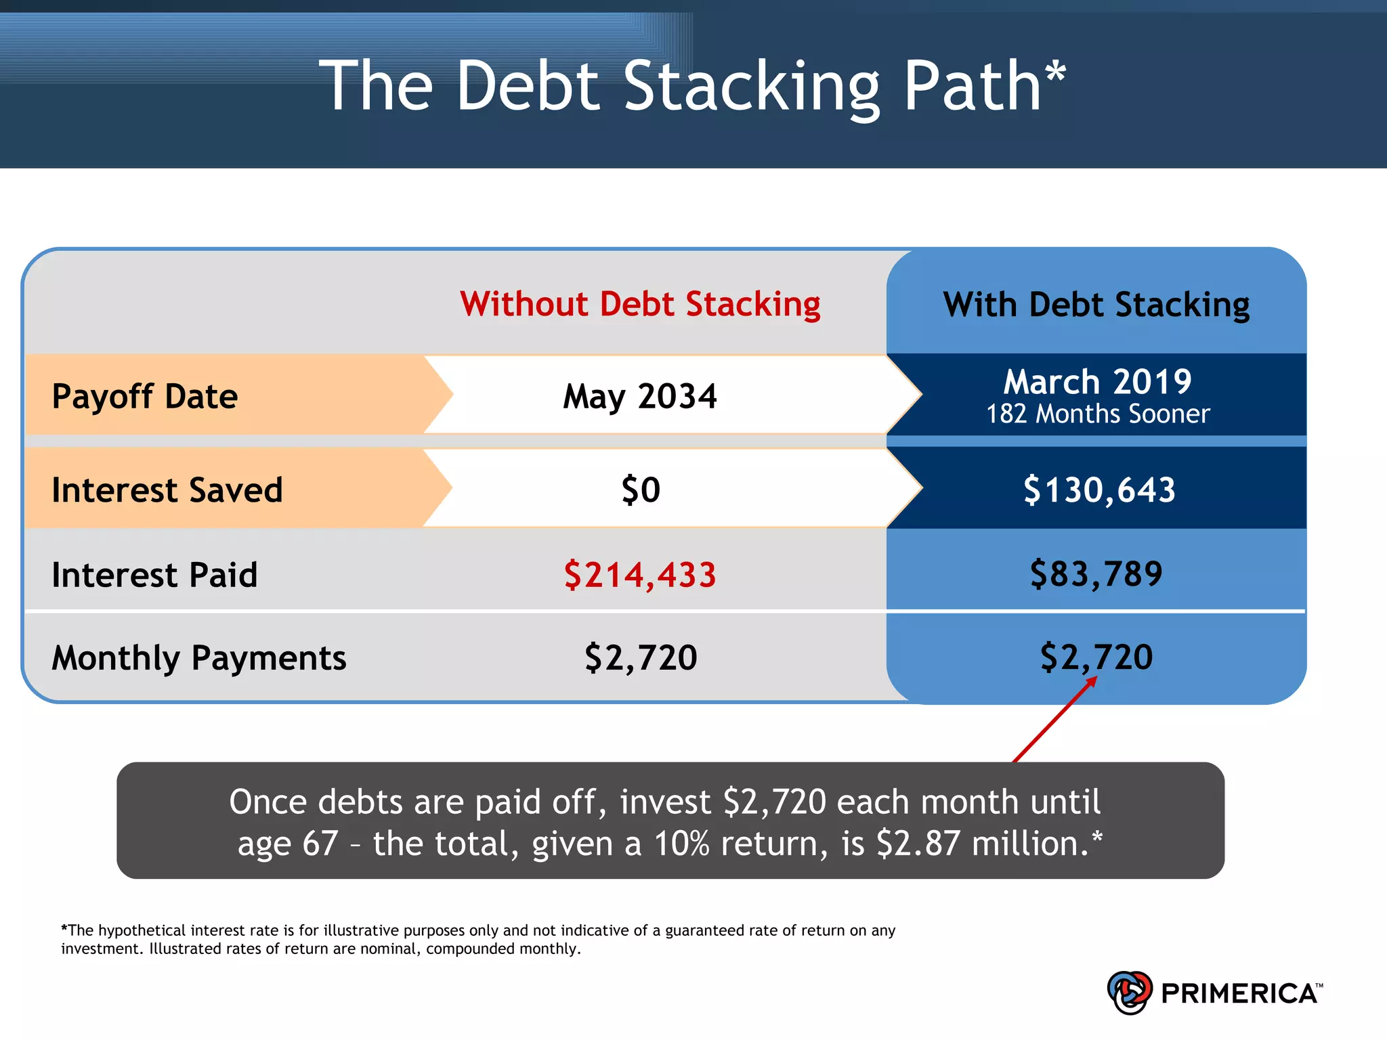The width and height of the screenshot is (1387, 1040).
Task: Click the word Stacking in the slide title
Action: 752,87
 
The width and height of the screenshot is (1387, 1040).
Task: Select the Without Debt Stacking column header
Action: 640,304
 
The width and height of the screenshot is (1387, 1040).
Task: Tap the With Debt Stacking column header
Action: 1096,305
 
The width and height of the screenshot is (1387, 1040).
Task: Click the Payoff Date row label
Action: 145,396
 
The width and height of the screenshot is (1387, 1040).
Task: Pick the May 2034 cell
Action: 640,396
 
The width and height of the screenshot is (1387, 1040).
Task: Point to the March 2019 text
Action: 1097,382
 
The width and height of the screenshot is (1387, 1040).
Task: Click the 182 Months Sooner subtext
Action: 1097,414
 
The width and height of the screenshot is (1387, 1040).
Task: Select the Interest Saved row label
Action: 167,490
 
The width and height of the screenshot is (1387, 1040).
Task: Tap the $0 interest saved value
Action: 641,490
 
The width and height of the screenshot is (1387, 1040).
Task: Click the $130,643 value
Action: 1098,490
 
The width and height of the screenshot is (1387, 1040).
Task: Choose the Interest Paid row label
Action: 154,575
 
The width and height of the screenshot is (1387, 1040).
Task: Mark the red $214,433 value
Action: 640,575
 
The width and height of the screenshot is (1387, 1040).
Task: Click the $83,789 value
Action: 1096,574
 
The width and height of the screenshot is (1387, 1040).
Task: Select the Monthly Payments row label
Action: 199,657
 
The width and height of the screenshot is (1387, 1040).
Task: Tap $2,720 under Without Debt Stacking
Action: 641,657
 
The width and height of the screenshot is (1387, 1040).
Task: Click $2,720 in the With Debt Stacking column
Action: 1096,657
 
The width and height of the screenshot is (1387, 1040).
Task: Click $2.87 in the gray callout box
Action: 918,844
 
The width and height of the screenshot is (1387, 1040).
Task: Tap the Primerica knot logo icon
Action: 1129,993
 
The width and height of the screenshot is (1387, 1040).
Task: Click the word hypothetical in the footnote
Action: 142,930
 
